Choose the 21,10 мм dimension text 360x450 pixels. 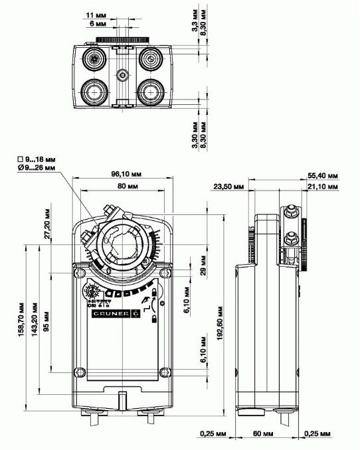click(x=323, y=188)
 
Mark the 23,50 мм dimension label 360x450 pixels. click(x=228, y=188)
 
